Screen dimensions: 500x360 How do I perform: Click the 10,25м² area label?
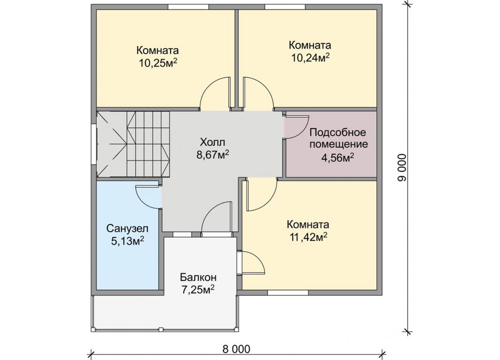coord(158,63)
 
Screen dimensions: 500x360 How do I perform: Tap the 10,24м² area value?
coord(310,58)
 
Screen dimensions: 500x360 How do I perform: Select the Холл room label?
coord(212,142)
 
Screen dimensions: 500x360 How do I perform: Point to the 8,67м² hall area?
coord(212,154)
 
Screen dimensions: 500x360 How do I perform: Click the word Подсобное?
coord(338,132)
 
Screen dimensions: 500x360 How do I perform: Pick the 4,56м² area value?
coord(338,158)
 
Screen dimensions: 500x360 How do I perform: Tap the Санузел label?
coord(127,228)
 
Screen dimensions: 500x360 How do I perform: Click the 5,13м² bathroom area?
coord(128,241)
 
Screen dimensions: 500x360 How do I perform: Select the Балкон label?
coord(198,278)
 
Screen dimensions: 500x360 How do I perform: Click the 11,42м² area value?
coord(308,238)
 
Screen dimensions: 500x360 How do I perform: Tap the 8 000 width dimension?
coord(236,349)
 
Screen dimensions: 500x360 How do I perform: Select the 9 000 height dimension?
coord(402,167)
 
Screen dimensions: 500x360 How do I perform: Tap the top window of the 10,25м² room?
coord(188,7)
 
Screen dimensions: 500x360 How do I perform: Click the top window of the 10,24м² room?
coord(285,7)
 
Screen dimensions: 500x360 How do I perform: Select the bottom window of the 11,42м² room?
coord(288,292)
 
